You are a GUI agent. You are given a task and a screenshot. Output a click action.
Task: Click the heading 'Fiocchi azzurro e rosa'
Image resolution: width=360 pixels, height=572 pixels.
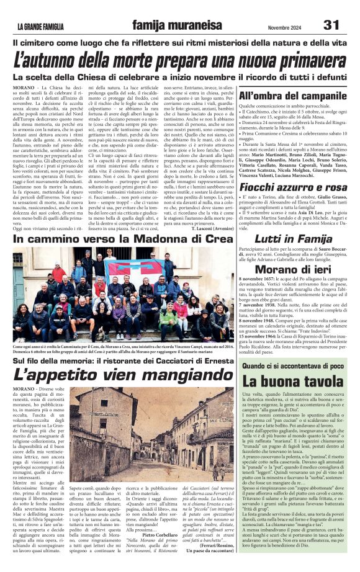(x=294, y=187)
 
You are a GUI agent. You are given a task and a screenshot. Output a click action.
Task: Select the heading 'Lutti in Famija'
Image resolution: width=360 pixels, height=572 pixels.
(x=294, y=237)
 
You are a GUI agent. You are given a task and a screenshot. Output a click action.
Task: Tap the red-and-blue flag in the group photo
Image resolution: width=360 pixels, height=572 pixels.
(x=128, y=268)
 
